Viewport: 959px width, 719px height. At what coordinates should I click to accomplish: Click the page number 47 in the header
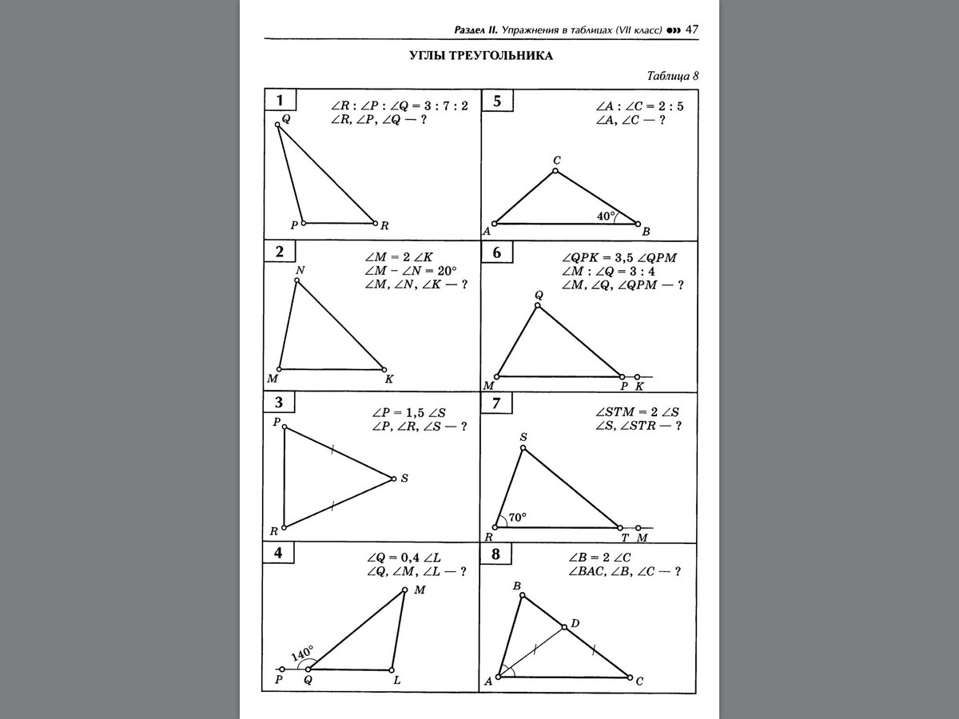(x=692, y=30)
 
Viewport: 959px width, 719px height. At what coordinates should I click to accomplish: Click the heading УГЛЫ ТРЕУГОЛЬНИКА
(x=470, y=56)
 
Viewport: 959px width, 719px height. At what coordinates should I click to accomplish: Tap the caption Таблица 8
(x=672, y=77)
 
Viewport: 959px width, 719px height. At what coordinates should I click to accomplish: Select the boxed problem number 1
(x=280, y=101)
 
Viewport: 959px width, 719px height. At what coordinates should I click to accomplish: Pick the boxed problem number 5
(x=497, y=101)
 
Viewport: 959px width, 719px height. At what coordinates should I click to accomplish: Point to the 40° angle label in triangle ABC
(x=607, y=216)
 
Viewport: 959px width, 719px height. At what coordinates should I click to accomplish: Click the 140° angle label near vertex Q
(x=302, y=653)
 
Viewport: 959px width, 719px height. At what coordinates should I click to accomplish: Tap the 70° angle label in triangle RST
(x=517, y=518)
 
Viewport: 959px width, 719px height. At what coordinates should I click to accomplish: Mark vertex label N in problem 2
(x=300, y=271)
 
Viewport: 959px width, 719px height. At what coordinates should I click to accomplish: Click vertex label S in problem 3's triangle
(x=404, y=479)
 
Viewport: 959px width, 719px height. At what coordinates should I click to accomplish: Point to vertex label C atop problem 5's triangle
(x=556, y=161)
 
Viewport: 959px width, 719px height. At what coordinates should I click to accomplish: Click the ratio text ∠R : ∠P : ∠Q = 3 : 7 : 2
(x=399, y=105)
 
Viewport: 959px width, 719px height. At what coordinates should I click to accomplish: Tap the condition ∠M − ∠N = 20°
(x=408, y=270)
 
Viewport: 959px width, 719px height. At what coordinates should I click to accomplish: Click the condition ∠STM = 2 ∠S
(x=637, y=411)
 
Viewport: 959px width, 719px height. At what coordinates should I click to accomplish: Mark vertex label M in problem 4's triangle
(x=419, y=590)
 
